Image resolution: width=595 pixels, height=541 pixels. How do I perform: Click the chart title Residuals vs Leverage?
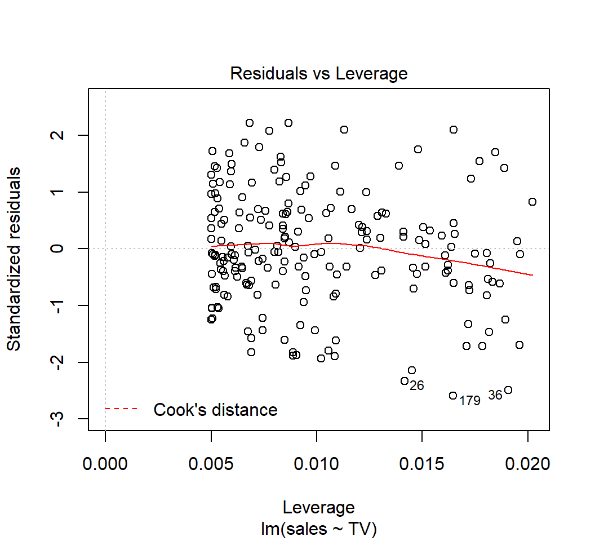coord(318,74)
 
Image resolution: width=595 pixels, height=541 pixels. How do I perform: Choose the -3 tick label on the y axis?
coord(63,418)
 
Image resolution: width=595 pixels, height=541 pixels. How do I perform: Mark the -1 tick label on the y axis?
coord(63,305)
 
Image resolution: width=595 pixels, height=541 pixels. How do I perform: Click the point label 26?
coord(416,386)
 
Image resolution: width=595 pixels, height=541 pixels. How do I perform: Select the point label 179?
coord(469,401)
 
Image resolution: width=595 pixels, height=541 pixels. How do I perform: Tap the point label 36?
coord(495,395)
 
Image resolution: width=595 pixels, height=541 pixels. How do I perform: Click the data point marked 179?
coord(453,396)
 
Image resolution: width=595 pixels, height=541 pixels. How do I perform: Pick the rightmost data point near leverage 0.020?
coord(532,202)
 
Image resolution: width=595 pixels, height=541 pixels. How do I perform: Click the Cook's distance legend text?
coord(215,410)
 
